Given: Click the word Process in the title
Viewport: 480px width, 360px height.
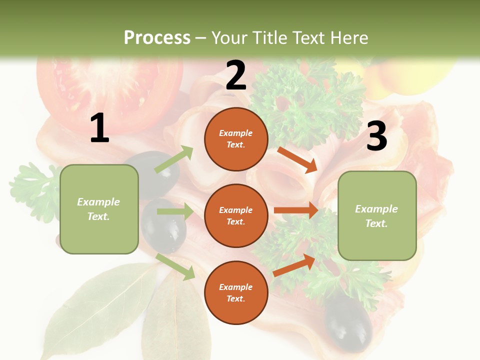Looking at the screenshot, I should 157,37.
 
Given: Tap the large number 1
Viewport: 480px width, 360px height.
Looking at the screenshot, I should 99,128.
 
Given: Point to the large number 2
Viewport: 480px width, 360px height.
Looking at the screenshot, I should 236,75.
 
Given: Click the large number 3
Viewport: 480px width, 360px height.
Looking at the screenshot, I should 376,136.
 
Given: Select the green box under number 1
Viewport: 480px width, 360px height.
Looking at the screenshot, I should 99,209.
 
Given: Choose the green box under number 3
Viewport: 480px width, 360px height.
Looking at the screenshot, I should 377,215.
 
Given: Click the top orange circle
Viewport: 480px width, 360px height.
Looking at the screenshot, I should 236,139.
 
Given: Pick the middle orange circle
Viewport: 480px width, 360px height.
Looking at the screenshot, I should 236,215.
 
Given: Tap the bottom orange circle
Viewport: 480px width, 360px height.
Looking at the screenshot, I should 236,292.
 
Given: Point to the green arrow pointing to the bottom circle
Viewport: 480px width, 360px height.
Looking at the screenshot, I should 175,266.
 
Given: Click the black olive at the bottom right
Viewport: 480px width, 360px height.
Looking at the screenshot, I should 348,322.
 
